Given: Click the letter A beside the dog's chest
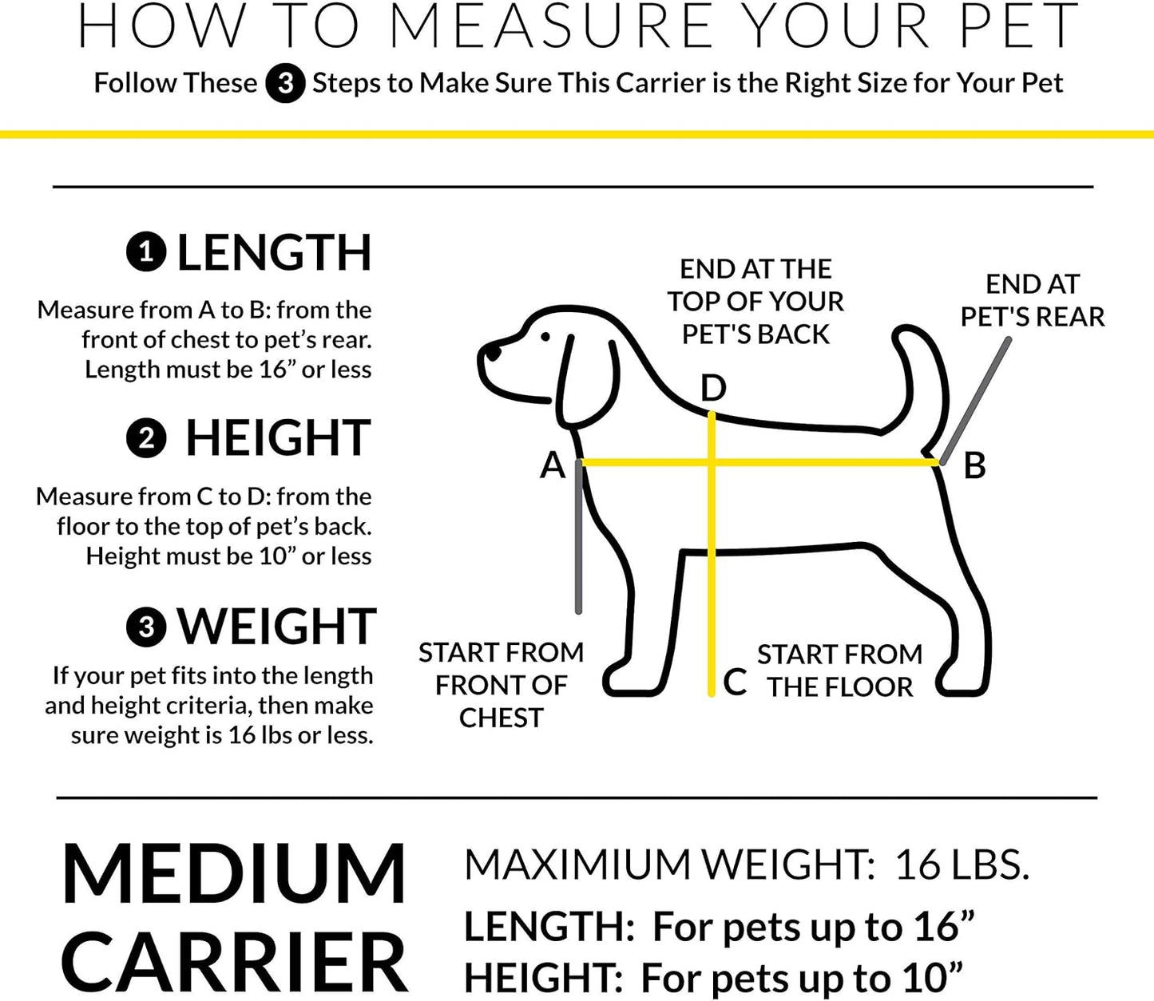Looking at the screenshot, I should pyautogui.click(x=553, y=465).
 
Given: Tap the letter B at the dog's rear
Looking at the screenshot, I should pyautogui.click(x=974, y=465).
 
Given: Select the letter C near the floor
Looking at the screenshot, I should pyautogui.click(x=735, y=682).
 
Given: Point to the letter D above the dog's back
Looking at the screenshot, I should pyautogui.click(x=712, y=389).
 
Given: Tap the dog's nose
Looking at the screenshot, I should pyautogui.click(x=493, y=350).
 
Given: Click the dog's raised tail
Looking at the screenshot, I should pyautogui.click(x=918, y=375).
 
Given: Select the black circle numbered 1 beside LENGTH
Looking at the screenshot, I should pyautogui.click(x=146, y=253).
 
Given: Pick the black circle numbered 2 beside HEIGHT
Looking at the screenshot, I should pyautogui.click(x=146, y=439).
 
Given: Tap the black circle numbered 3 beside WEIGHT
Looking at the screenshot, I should pyautogui.click(x=146, y=627).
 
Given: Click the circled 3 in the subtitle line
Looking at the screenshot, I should pyautogui.click(x=285, y=84).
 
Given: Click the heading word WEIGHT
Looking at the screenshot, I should pyautogui.click(x=276, y=627).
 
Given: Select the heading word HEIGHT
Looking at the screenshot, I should pyautogui.click(x=278, y=439).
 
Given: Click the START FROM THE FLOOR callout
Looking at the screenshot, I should pyautogui.click(x=840, y=671).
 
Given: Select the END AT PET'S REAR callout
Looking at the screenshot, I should pyautogui.click(x=1032, y=301).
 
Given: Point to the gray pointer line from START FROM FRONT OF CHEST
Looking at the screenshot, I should pyautogui.click(x=578, y=543).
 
